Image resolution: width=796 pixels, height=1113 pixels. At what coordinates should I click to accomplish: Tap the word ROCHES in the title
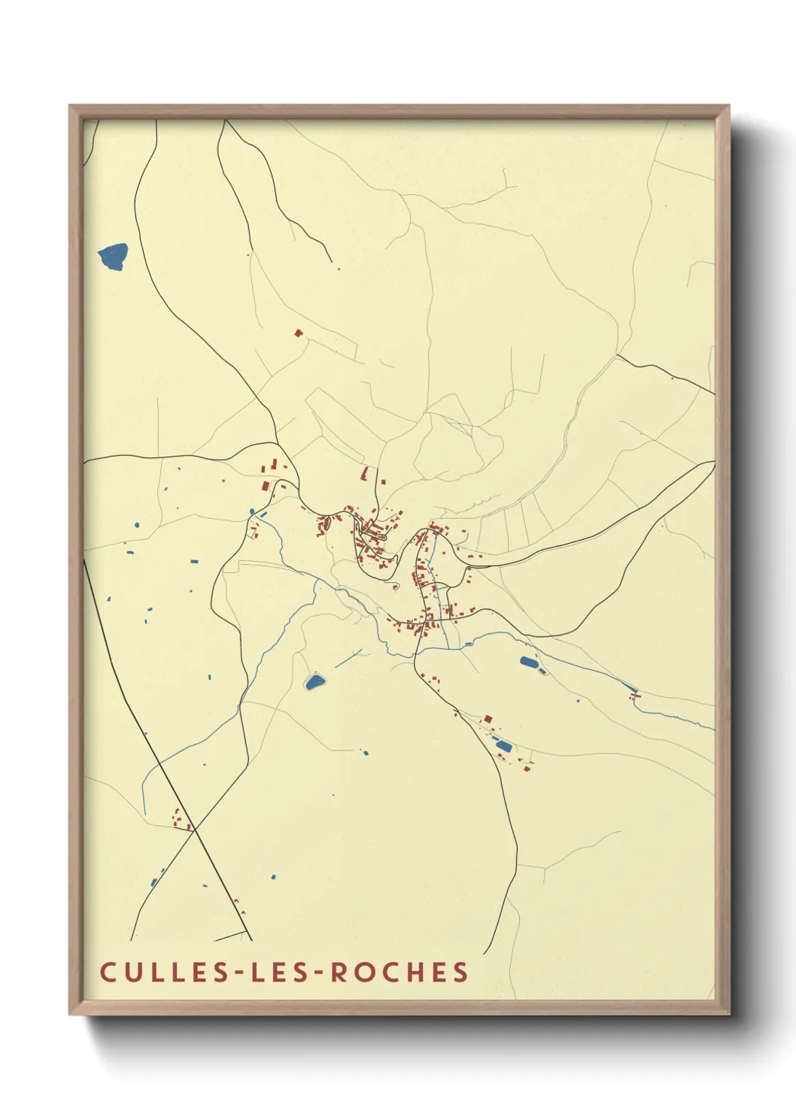click(x=400, y=972)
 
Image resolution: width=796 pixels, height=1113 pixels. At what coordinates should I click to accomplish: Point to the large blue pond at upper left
click(x=113, y=256)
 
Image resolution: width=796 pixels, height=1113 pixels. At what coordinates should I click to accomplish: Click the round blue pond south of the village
click(x=314, y=682)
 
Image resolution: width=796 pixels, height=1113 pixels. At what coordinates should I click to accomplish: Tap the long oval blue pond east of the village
click(x=530, y=664)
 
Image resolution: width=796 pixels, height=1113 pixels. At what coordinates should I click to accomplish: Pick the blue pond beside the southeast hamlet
click(x=503, y=746)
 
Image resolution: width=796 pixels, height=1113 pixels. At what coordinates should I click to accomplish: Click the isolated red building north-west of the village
click(x=298, y=332)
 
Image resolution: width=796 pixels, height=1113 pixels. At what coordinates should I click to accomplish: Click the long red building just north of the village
click(x=366, y=473)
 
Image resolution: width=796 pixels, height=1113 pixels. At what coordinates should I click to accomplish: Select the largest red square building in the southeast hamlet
click(x=488, y=719)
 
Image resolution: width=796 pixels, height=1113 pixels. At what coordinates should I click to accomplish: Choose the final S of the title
click(x=460, y=972)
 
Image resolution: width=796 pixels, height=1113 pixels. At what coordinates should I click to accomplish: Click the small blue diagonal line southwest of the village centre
click(x=348, y=659)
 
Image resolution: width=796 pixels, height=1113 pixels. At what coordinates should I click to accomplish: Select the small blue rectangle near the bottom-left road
click(x=273, y=877)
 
